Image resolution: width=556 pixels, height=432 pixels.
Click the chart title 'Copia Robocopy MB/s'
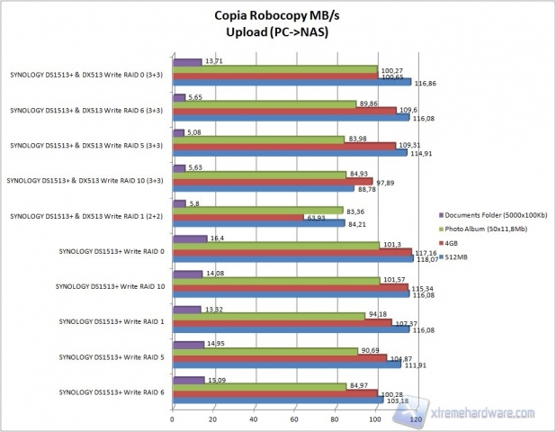[x=277, y=15]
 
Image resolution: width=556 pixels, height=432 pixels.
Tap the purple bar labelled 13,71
[x=186, y=63]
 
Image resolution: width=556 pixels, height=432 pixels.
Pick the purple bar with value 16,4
[x=188, y=238]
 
